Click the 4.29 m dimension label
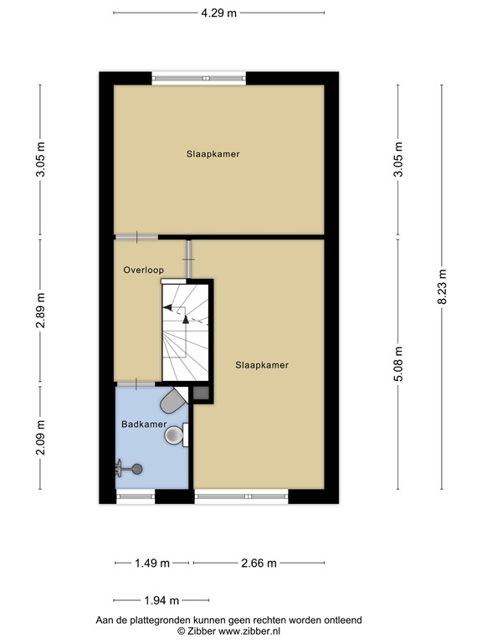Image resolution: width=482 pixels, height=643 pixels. pyautogui.click(x=219, y=13)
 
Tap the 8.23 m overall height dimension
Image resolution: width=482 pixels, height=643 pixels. pyautogui.click(x=442, y=286)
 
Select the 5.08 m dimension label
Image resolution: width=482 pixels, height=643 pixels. pyautogui.click(x=398, y=363)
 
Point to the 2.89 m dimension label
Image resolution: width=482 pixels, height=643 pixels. pyautogui.click(x=40, y=311)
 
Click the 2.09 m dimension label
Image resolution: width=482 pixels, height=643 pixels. pyautogui.click(x=40, y=438)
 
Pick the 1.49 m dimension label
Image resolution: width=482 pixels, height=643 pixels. pyautogui.click(x=152, y=563)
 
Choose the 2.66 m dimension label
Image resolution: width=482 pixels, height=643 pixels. pyautogui.click(x=259, y=563)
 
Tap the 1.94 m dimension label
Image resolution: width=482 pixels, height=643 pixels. pyautogui.click(x=162, y=601)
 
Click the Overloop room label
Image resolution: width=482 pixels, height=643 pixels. pyautogui.click(x=143, y=270)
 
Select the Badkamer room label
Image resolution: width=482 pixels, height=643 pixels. pyautogui.click(x=144, y=424)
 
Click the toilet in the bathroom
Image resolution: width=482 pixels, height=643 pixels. pyautogui.click(x=173, y=400)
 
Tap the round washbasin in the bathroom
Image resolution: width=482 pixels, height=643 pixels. pyautogui.click(x=175, y=435)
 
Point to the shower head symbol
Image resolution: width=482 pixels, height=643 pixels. pyautogui.click(x=130, y=469)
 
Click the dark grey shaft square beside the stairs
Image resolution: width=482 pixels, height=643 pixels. pyautogui.click(x=201, y=393)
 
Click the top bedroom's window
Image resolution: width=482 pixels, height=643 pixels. pyautogui.click(x=199, y=78)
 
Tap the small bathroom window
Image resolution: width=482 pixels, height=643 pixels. pyautogui.click(x=136, y=496)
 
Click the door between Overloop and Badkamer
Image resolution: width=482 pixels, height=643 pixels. pyautogui.click(x=136, y=384)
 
